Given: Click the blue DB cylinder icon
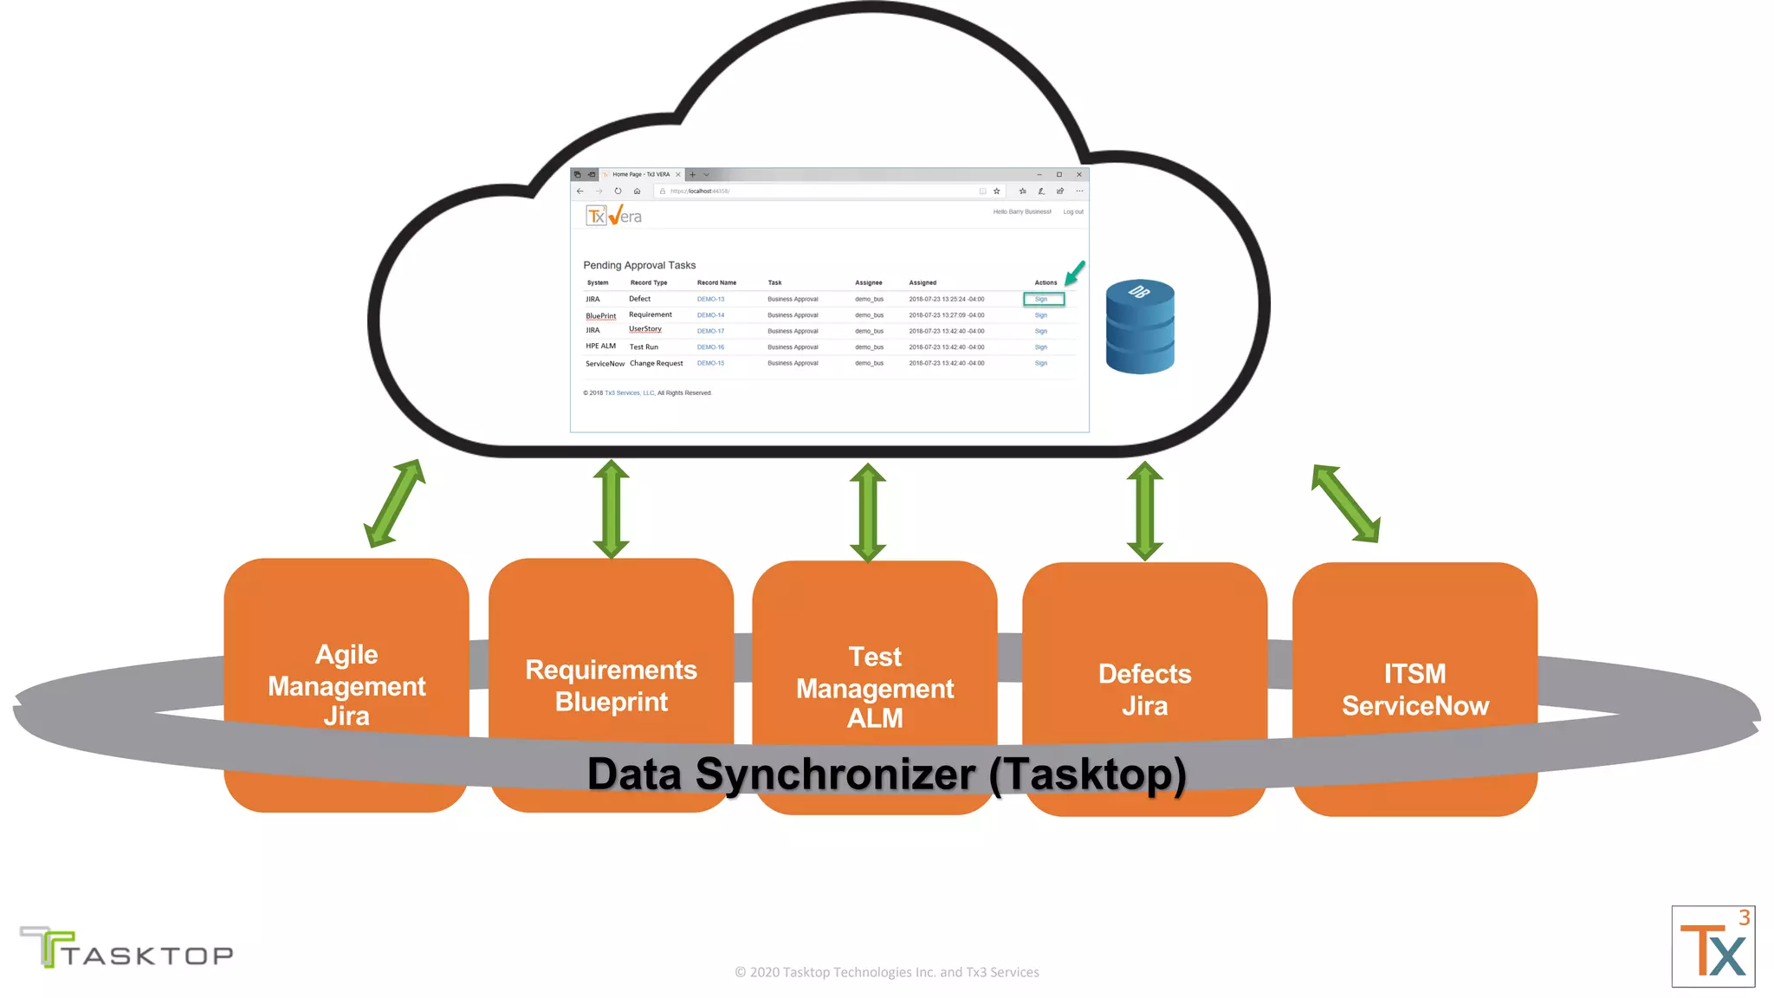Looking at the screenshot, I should coord(1140,327).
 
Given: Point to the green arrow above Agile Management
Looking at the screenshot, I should coord(395,503).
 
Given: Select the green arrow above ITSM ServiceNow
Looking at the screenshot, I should coord(1345,503).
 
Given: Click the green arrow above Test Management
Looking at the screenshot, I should coord(868,512).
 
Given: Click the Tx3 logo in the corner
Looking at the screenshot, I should coord(1712,946).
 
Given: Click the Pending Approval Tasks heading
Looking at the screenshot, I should coord(639,265).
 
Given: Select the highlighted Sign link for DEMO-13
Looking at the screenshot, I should coord(1042,299).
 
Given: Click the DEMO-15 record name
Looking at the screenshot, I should coord(710,363).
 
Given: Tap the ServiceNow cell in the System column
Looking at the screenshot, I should coord(605,364).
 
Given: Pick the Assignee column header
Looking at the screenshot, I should coord(868,282).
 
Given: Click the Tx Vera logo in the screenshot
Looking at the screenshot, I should coord(614,216).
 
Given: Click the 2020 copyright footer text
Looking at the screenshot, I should coord(886,972).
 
